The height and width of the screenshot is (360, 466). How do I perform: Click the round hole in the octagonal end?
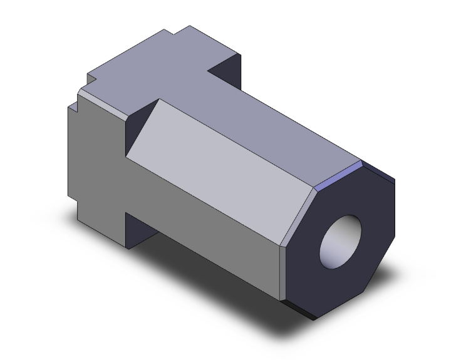[x=341, y=240]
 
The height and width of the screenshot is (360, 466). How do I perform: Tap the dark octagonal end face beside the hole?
[x=370, y=275]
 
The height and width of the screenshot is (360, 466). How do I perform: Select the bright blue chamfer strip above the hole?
[x=338, y=178]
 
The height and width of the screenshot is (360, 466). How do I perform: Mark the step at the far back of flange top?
[x=182, y=31]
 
